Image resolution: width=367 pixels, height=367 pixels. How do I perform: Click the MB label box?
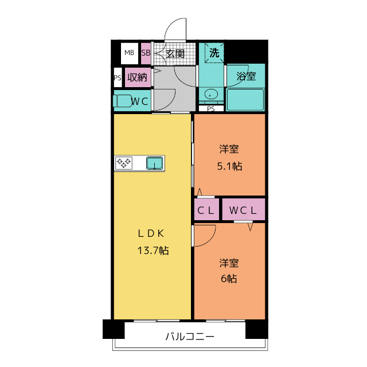129,53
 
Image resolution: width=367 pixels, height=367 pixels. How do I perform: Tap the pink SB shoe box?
146,53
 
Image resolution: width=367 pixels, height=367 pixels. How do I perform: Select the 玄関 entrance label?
175,54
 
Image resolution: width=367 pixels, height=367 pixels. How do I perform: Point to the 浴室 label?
246,76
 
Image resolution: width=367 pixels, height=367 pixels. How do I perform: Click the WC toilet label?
140,101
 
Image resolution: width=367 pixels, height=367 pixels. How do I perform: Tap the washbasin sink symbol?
210,95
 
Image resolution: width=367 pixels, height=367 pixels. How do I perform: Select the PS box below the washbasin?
211,108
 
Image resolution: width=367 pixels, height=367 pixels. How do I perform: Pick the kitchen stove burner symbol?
124,163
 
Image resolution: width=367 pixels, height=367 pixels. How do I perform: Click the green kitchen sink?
154,163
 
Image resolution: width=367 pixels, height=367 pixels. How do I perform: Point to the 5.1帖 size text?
229,166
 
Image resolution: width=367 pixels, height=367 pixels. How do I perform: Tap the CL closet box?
206,210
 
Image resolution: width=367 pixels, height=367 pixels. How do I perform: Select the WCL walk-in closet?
243,210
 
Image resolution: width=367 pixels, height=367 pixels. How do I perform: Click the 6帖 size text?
229,279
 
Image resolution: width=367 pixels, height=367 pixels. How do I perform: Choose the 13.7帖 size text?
152,251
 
